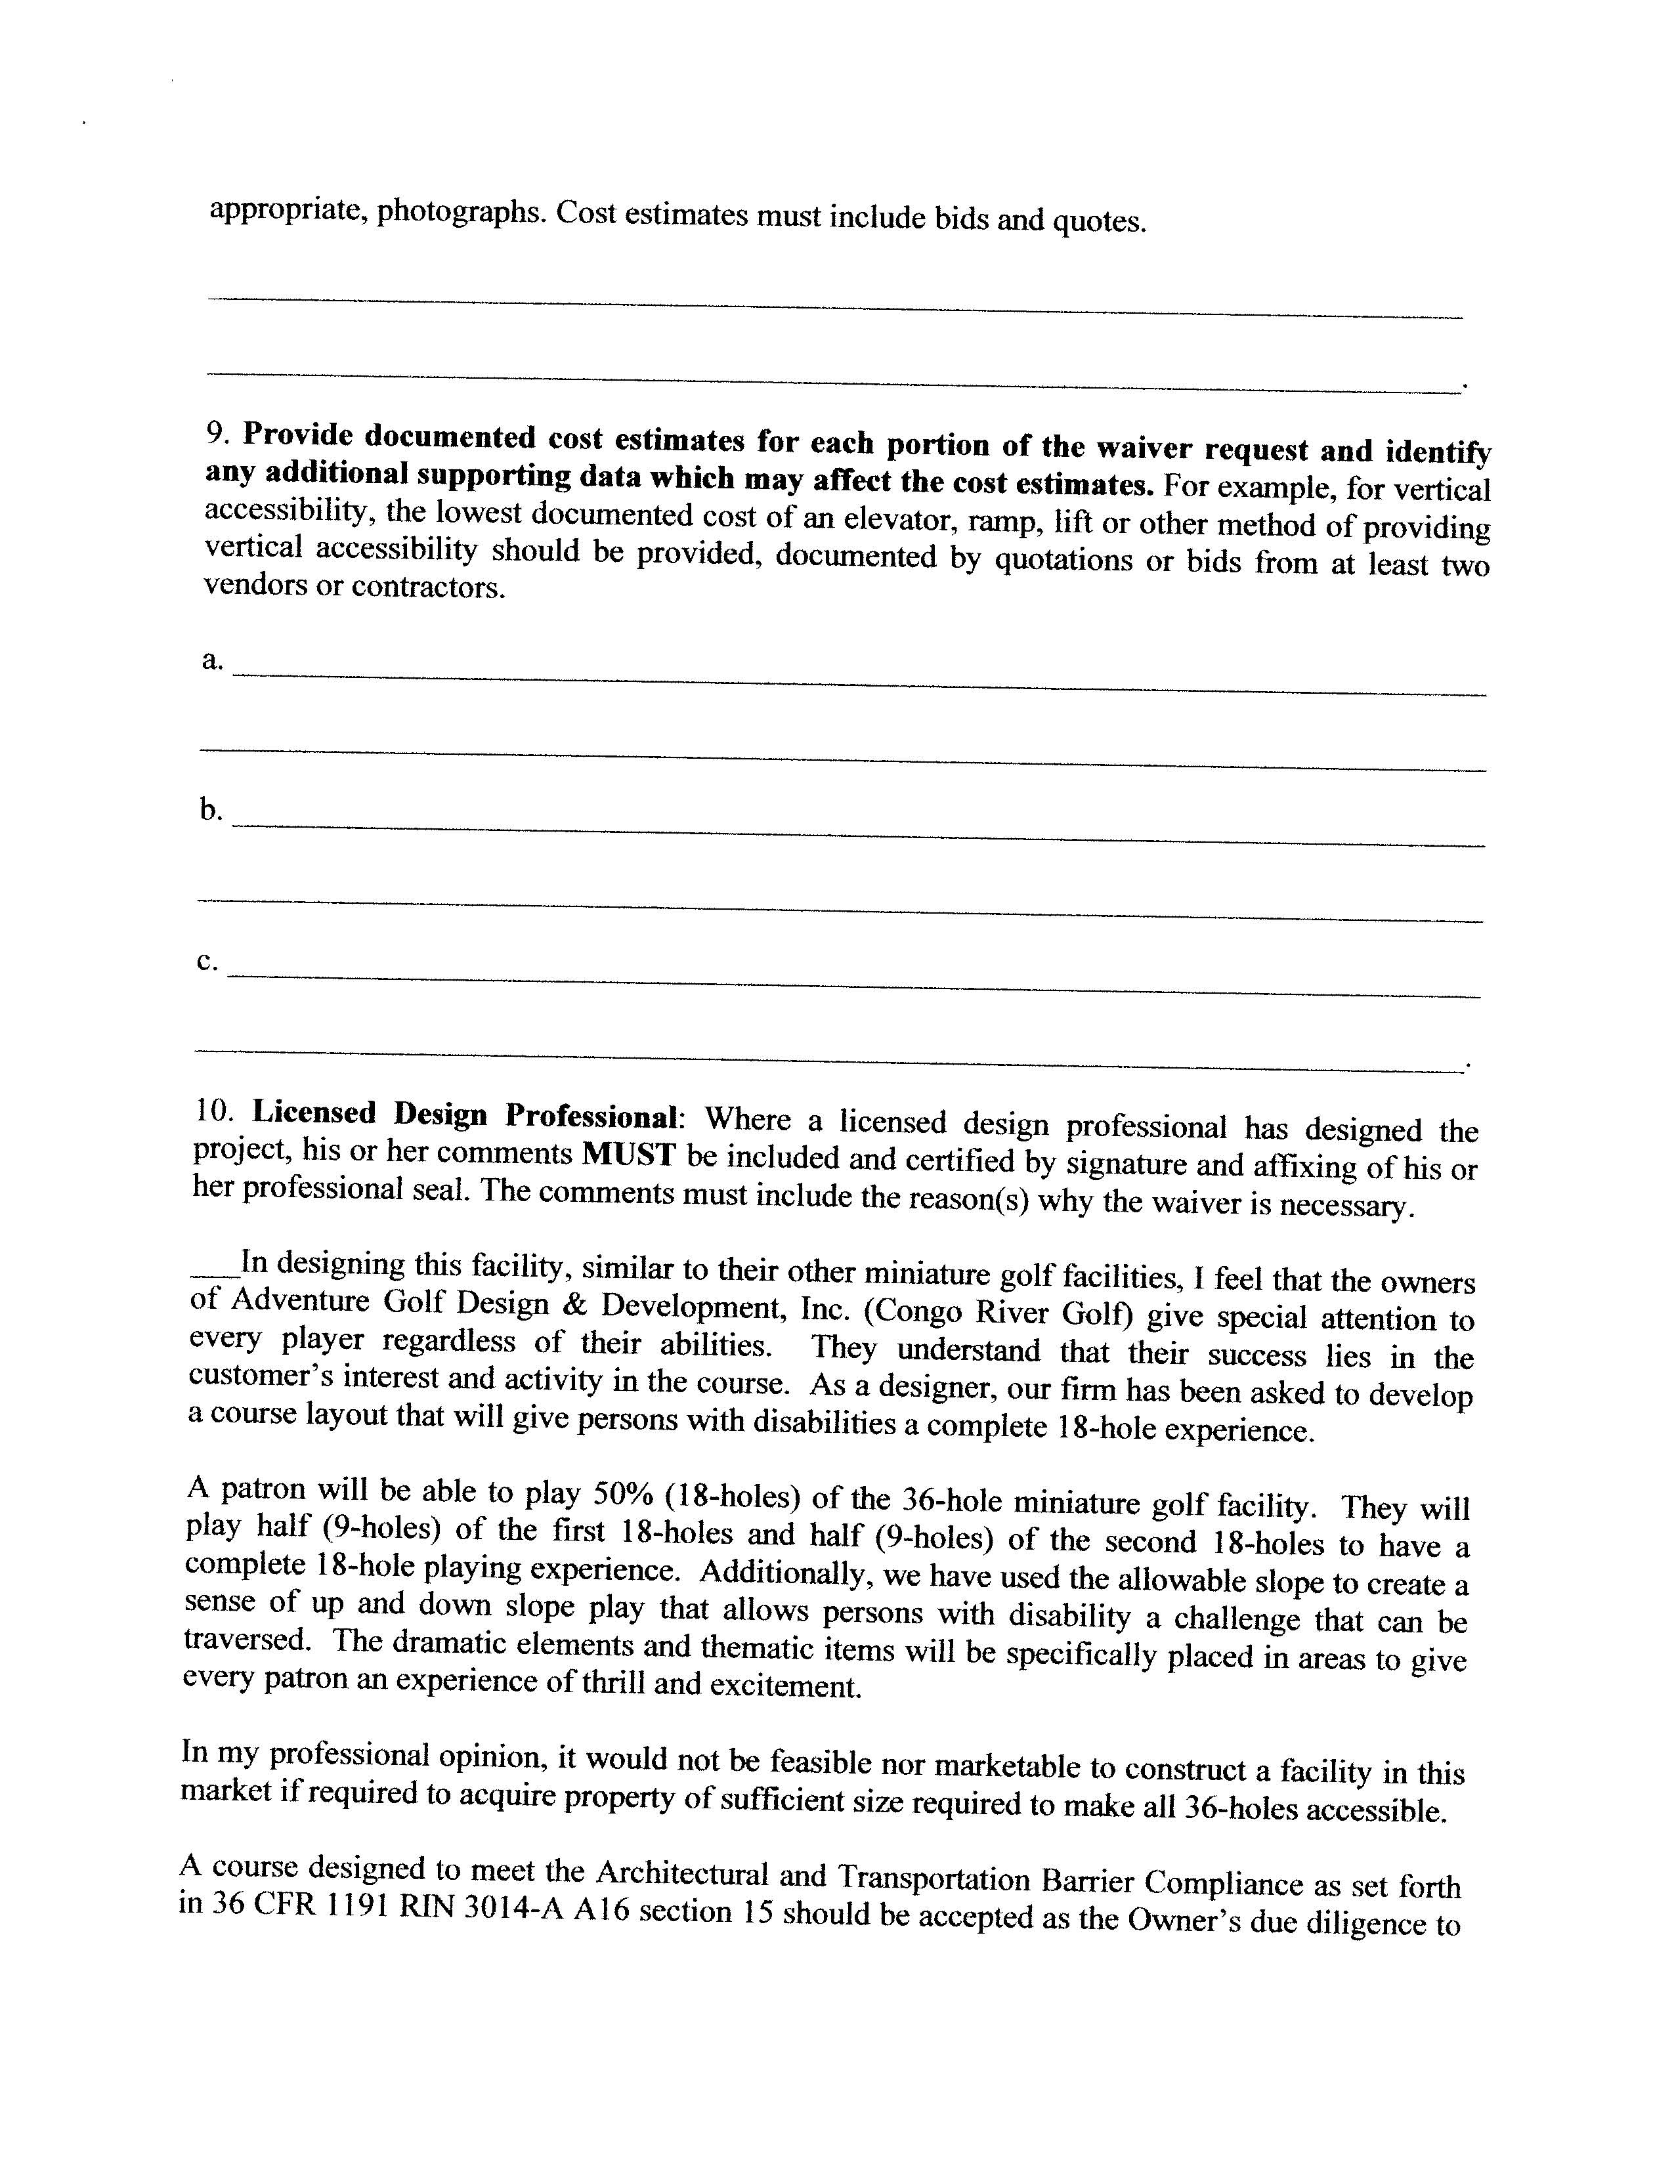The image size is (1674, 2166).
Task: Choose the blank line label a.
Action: click(x=211, y=660)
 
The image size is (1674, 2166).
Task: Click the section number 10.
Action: click(x=214, y=1113)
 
